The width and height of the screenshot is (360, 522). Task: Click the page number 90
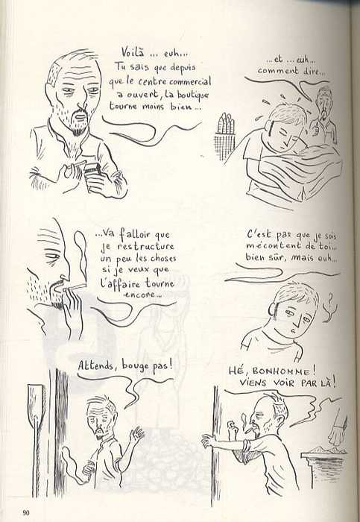coord(26,512)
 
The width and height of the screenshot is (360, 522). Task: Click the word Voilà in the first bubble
coord(133,52)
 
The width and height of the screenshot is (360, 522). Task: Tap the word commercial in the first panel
coord(190,81)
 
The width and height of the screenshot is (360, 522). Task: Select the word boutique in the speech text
coord(192,94)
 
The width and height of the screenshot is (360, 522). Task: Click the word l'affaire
coord(122,283)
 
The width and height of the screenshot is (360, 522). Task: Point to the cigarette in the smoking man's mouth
coord(75,287)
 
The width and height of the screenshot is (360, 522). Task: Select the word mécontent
coord(273,246)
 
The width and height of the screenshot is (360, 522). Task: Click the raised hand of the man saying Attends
coord(136,435)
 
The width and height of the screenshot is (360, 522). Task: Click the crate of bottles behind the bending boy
coord(224,135)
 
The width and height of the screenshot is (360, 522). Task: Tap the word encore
coord(142,295)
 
